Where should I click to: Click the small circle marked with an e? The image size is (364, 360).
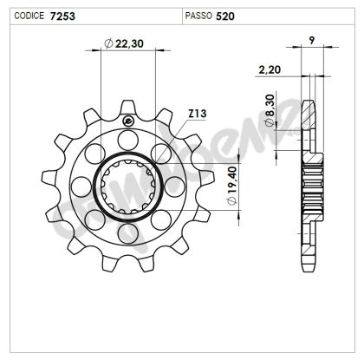[x=128, y=121]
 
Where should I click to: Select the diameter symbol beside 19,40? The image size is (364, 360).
[x=231, y=202]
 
